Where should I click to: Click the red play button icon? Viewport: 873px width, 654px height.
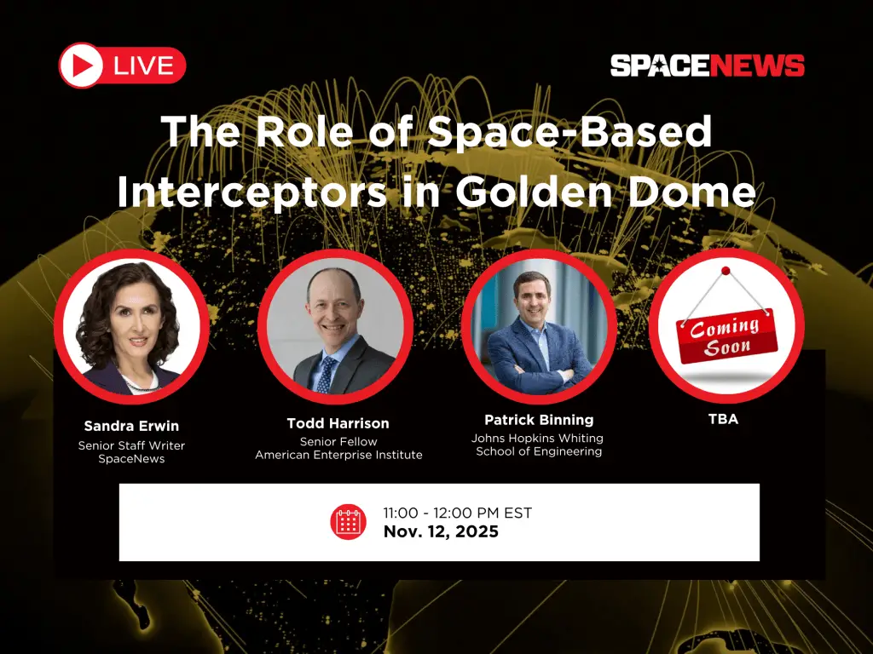tap(82, 66)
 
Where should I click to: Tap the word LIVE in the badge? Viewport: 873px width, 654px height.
tap(144, 66)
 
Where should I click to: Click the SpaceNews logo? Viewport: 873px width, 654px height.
tap(707, 66)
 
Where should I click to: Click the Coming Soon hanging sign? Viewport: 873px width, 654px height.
tap(726, 336)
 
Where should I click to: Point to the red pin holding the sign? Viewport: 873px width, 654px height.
tap(726, 271)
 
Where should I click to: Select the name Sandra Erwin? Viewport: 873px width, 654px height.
tap(131, 426)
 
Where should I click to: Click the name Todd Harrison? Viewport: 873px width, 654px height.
tap(338, 423)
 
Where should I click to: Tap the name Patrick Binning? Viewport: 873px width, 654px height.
tap(539, 420)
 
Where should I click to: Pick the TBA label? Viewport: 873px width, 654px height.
tap(723, 419)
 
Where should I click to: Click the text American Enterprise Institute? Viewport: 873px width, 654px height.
tap(338, 455)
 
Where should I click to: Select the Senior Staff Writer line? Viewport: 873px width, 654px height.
tap(131, 445)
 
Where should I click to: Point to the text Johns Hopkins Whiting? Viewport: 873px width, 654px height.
tap(537, 438)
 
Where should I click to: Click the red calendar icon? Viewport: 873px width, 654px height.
tap(348, 522)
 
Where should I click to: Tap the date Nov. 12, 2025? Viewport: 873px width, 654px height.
tap(441, 532)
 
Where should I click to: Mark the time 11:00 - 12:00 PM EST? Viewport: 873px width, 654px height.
tap(457, 513)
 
